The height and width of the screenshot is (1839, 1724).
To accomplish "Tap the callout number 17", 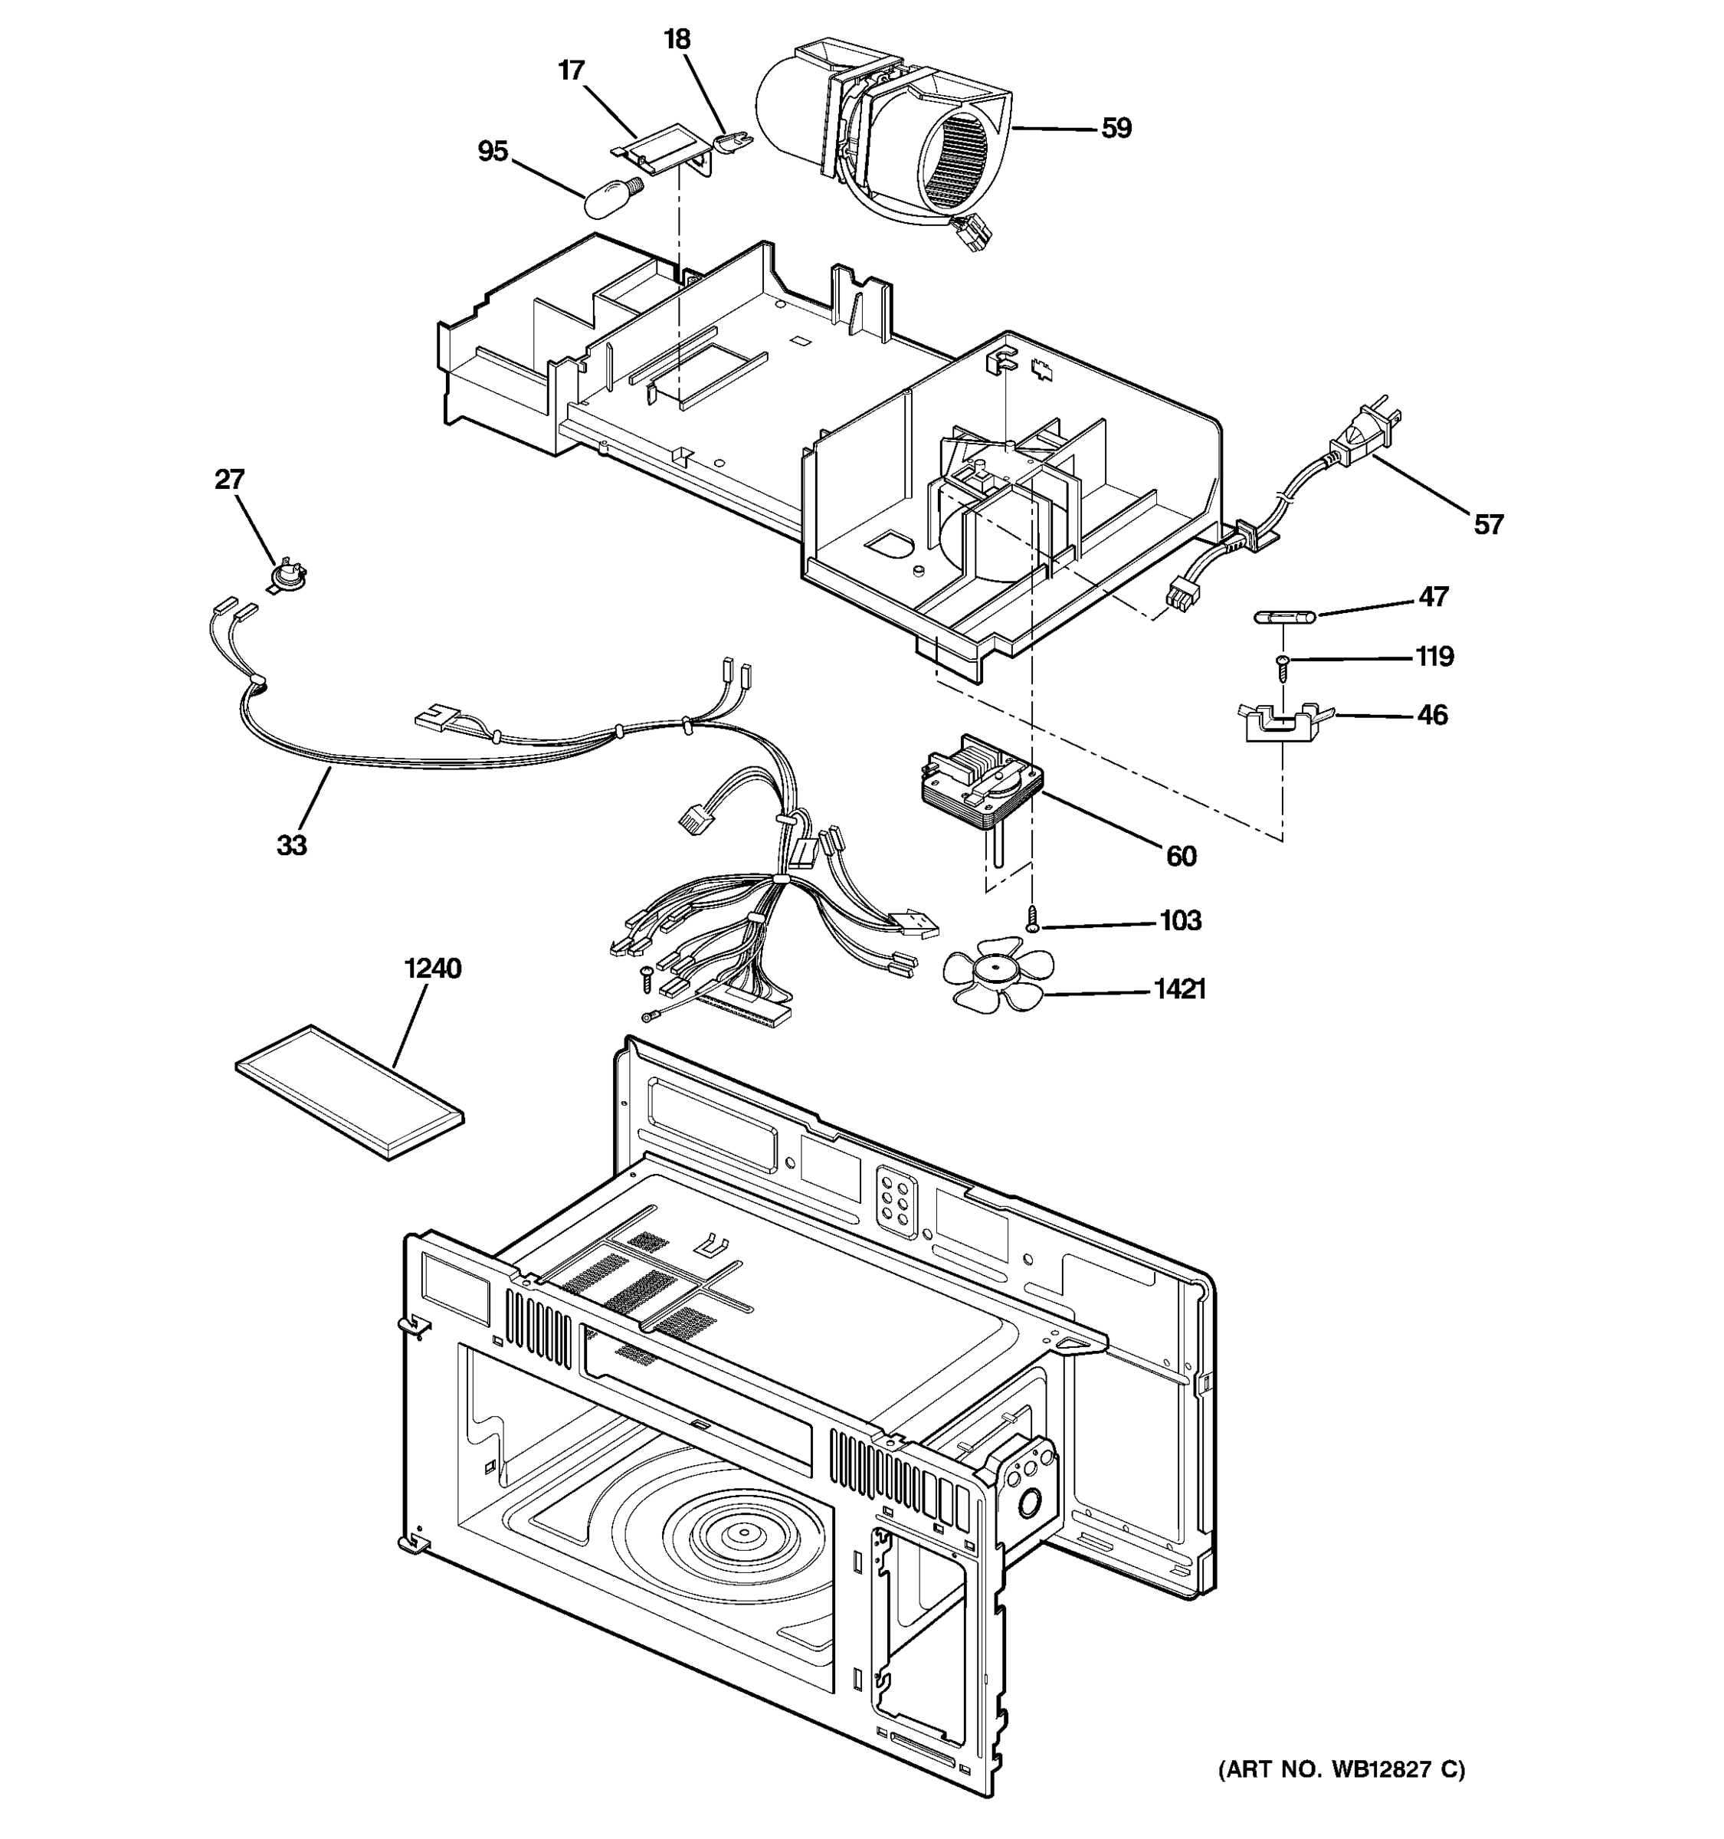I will pyautogui.click(x=572, y=71).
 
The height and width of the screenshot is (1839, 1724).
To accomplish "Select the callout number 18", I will pyautogui.click(x=677, y=40).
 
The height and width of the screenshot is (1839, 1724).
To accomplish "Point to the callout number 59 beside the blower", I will pyautogui.click(x=1116, y=128).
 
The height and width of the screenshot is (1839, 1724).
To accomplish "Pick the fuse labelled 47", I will pyautogui.click(x=1283, y=616).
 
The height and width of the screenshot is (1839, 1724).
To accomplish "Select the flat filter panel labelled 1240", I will pyautogui.click(x=349, y=1092).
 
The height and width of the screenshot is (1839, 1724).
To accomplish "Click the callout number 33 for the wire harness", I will pyautogui.click(x=291, y=844).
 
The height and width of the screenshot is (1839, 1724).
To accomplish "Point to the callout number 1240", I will pyautogui.click(x=432, y=969).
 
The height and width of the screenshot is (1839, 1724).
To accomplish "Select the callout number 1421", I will pyautogui.click(x=1179, y=990).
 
